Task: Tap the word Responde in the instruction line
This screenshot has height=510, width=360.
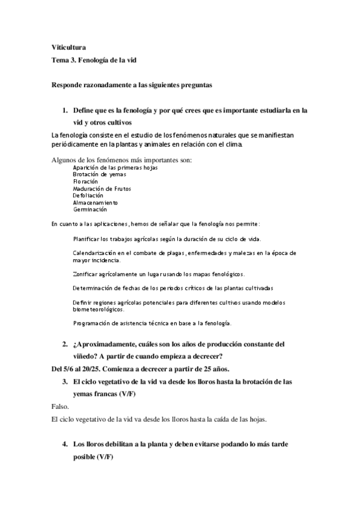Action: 68,86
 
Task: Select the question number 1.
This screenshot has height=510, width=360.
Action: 65,111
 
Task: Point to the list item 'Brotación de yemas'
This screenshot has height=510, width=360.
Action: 96,174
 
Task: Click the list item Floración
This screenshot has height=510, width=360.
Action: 85,182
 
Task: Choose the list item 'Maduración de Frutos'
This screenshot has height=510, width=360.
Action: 102,189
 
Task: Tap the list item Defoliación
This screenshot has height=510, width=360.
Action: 88,195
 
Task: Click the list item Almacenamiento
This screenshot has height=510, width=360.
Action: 96,203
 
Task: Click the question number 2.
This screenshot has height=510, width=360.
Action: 65,345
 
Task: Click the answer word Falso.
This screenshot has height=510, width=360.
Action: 61,407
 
